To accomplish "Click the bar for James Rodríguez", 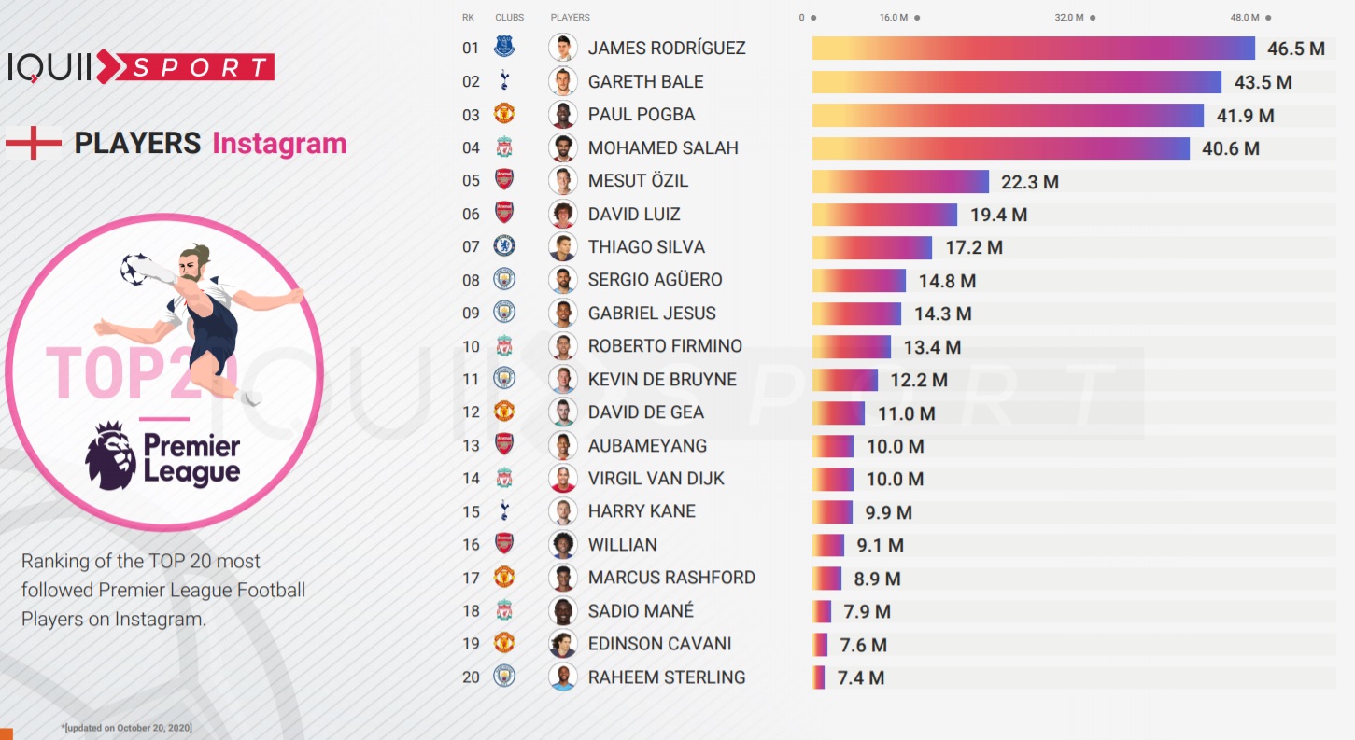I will click(1033, 49).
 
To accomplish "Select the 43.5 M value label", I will click(1263, 82).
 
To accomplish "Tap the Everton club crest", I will click(504, 47).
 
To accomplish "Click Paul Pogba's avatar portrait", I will click(562, 115).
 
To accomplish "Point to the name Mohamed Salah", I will click(663, 147).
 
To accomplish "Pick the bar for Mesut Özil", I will click(900, 181).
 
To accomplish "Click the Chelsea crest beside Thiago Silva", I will click(504, 246).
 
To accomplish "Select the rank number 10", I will click(471, 346).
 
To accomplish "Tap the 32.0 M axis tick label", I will click(1069, 18).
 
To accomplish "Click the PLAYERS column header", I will click(570, 18).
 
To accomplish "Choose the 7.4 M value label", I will click(860, 678).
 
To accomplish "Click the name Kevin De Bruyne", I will click(662, 379).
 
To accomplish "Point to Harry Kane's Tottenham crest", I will click(504, 510).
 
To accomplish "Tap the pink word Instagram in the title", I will click(279, 144).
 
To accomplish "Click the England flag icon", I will click(33, 143).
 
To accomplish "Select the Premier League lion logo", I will click(111, 455).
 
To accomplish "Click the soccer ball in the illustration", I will click(135, 269).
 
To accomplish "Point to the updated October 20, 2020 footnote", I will click(127, 727).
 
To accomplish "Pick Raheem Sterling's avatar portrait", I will click(562, 677).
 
